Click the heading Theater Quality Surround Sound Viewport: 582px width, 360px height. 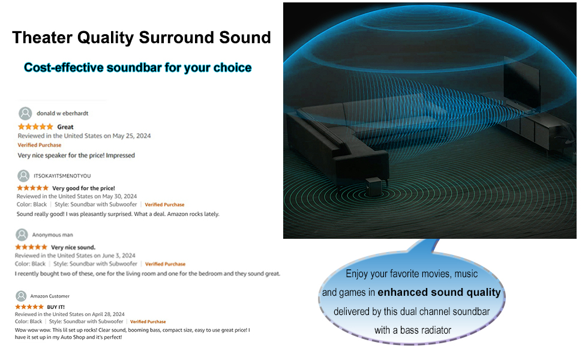(142, 38)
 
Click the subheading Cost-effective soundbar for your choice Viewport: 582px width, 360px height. (137, 67)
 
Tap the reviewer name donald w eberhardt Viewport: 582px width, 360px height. (62, 113)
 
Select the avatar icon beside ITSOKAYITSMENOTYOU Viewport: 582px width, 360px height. (23, 176)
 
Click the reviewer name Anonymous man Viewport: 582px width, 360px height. (52, 235)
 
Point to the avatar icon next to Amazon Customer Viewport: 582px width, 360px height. (21, 296)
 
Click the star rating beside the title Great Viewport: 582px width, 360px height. (35, 127)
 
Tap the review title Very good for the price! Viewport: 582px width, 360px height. (83, 188)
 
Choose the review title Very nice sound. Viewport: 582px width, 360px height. (73, 247)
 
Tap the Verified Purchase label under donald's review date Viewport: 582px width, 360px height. (39, 145)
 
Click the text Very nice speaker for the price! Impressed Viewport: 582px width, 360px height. (76, 155)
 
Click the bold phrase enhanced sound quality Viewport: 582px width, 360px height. (439, 293)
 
